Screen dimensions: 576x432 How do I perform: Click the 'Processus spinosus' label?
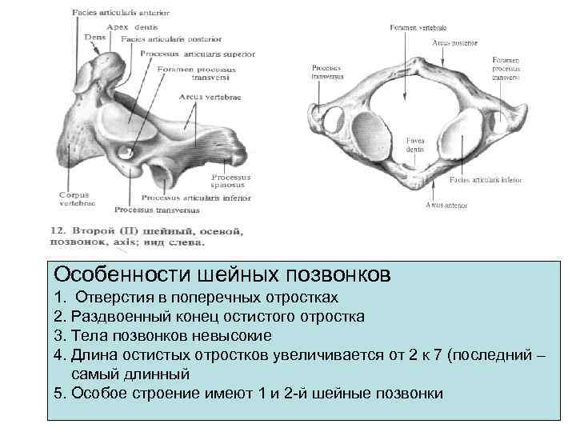[230, 180]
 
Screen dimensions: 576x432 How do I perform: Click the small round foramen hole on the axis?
[126, 150]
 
